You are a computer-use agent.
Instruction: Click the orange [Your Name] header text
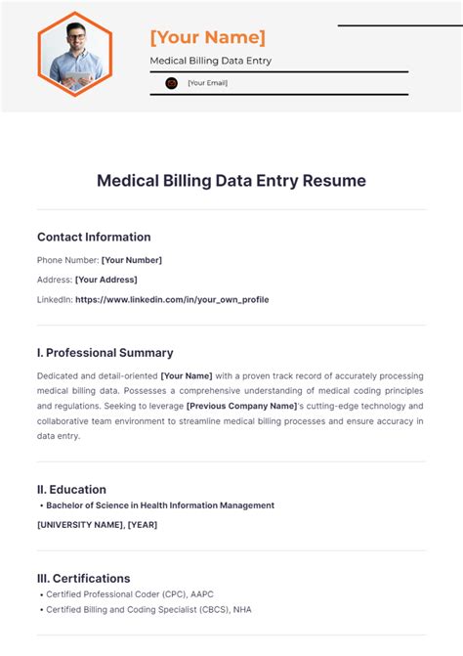coord(207,37)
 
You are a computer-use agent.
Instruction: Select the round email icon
coord(171,84)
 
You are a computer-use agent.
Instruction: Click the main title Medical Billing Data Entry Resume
coord(231,181)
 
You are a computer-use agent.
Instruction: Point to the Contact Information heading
coord(94,237)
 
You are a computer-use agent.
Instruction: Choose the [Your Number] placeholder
coord(132,260)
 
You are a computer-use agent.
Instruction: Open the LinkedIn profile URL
coord(172,299)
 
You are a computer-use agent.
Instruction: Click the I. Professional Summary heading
coord(105,353)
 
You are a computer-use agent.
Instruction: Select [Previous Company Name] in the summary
coord(241,406)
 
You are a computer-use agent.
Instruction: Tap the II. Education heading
coord(72,490)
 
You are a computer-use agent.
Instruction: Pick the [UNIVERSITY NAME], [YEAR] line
coord(97,525)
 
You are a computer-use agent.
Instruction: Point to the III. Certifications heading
coord(84,578)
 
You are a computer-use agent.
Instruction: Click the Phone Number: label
coord(68,260)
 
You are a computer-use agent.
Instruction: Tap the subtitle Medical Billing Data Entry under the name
coord(210,61)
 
